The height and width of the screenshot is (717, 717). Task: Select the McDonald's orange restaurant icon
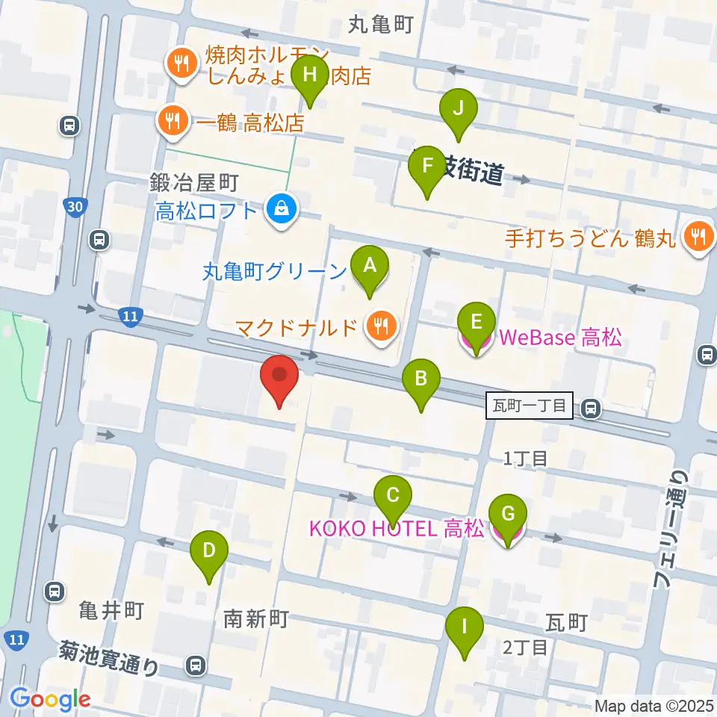tap(382, 326)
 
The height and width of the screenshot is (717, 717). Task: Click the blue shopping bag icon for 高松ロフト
tap(283, 210)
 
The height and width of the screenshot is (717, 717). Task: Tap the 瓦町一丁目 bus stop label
tap(530, 408)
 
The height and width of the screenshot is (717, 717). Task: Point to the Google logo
tap(50, 699)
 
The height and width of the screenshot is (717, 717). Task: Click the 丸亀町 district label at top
tap(380, 25)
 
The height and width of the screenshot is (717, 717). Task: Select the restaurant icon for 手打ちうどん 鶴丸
tap(698, 238)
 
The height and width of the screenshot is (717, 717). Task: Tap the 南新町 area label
tap(256, 618)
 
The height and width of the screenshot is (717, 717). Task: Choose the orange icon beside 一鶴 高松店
tap(173, 120)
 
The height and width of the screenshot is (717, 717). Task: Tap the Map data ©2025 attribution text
tap(654, 705)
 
